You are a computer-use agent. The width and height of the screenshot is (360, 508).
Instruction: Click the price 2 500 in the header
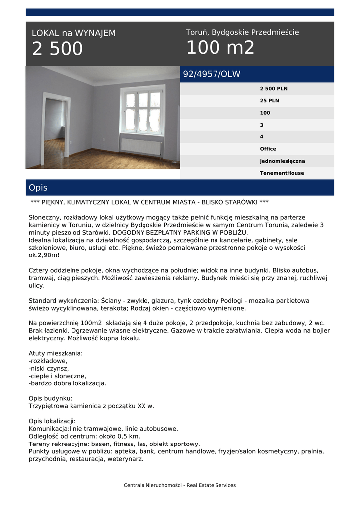pos(58,49)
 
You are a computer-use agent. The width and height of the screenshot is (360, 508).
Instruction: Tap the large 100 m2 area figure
pos(220,48)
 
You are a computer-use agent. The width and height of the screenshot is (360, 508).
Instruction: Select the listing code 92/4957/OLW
pos(212,74)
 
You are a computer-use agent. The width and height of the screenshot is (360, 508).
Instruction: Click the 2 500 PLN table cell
pos(273,89)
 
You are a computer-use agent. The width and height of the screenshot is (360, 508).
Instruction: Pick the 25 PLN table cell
pos(269,101)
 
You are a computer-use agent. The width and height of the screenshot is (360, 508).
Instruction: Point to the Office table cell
pos(268,149)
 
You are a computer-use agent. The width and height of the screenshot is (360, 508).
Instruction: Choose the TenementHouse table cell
pos(282,173)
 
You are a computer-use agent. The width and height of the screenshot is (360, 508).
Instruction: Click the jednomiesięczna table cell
pos(282,161)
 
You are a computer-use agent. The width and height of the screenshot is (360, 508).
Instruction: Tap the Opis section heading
pos(38,188)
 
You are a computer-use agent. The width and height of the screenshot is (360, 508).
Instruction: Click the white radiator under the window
pos(142,146)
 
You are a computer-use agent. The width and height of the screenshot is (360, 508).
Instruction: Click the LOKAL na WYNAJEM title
pos(73,33)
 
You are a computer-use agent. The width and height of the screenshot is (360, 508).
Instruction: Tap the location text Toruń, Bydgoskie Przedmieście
pos(242,32)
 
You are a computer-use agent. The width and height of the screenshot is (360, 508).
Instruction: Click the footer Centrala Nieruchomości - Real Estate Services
pos(180,485)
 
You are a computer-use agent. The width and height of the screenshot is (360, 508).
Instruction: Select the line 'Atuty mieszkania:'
pos(56,353)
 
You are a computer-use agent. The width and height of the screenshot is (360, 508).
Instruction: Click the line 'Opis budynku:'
pos(50,398)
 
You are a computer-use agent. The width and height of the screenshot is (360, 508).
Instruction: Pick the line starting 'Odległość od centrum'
pos(84,436)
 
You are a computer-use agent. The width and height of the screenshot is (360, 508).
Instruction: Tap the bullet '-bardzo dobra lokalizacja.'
pos(68,383)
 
